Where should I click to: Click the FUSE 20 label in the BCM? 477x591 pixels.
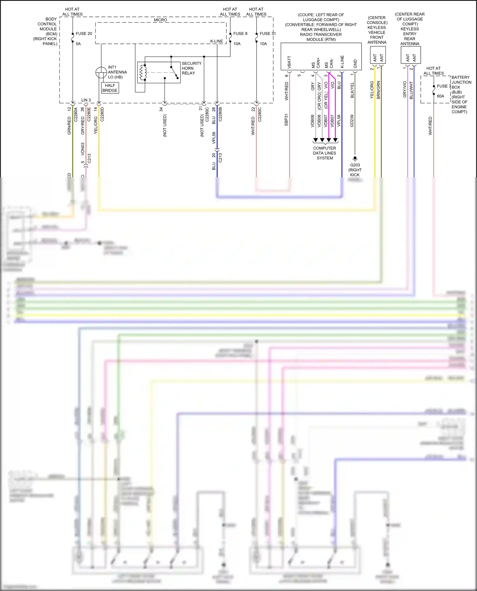(84, 34)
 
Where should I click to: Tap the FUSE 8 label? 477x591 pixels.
(240, 34)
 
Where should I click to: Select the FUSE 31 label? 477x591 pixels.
(267, 34)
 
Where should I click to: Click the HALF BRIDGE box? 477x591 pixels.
(110, 88)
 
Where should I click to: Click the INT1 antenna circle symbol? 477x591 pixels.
(101, 73)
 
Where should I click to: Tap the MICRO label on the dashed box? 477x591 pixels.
(160, 20)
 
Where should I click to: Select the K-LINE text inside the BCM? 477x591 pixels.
(216, 41)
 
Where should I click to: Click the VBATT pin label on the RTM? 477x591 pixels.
(289, 62)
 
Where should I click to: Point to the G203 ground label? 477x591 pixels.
(355, 165)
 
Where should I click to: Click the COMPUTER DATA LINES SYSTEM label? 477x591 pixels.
(324, 153)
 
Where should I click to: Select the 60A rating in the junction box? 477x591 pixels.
(440, 96)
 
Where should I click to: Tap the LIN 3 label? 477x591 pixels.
(86, 100)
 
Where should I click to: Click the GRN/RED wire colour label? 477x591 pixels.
(69, 125)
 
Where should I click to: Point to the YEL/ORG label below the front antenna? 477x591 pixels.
(372, 90)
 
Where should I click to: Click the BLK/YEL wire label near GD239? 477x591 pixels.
(352, 90)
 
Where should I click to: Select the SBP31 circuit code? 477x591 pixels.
(286, 120)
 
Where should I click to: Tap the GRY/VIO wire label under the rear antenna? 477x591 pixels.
(404, 89)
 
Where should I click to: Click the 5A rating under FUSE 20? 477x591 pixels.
(78, 44)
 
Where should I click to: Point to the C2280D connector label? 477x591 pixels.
(102, 114)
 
